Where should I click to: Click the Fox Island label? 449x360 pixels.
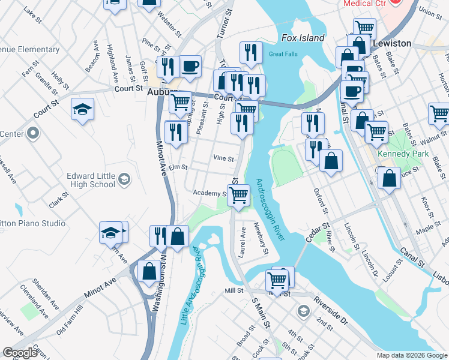303,38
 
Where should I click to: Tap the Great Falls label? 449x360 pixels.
283,54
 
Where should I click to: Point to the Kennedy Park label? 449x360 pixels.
403,154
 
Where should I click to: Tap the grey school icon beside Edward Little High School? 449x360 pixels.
124,178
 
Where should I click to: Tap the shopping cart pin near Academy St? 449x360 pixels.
239,195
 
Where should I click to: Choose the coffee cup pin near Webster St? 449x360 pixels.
190,67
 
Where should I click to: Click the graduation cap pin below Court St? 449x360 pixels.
83,109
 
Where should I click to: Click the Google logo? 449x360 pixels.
20,352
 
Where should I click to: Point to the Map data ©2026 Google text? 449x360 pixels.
411,355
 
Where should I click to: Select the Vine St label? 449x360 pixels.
223,157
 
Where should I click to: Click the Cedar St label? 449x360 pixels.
318,233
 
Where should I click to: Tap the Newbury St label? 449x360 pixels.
261,238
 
